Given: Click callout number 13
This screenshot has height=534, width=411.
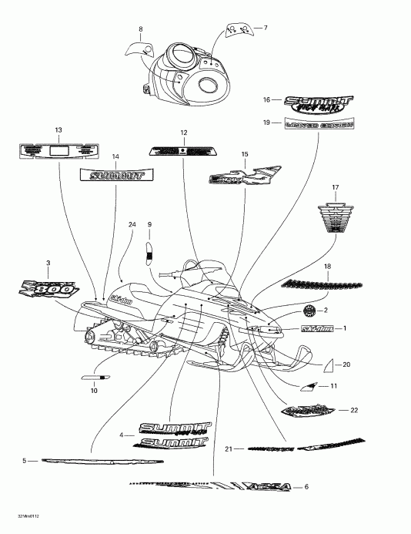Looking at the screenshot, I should tap(58, 129).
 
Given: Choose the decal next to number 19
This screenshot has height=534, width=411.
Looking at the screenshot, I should tap(318, 124).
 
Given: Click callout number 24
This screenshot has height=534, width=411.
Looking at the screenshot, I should tap(132, 224).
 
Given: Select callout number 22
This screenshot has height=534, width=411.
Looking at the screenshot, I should tap(354, 410).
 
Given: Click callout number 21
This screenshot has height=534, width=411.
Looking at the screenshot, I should tap(229, 448).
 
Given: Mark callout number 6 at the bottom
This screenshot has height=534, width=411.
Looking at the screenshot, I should tap(306, 487).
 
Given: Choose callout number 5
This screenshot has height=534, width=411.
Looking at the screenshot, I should tap(25, 461).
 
